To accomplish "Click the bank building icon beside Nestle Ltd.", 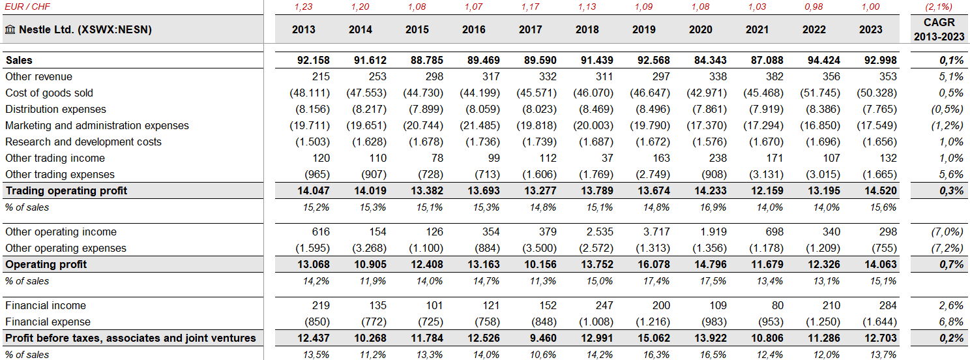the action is [10, 29].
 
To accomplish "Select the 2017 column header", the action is [530, 29].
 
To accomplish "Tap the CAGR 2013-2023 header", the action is [939, 29].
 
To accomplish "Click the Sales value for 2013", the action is [313, 60].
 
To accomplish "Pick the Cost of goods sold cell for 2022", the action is [819, 93].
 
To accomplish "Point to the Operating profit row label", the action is [46, 264].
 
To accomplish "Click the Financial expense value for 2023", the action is [877, 322].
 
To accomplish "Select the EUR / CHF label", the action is [27, 7].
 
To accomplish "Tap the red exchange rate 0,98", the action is [814, 7].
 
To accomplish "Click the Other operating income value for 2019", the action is [656, 232].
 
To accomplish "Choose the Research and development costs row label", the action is [83, 142].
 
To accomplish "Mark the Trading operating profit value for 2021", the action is [767, 190].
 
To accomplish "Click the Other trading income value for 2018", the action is [608, 158].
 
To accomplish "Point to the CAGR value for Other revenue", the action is [951, 77].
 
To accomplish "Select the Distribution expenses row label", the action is [55, 109].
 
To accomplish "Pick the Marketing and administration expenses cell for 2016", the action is [479, 126].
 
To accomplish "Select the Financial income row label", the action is [46, 305].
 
